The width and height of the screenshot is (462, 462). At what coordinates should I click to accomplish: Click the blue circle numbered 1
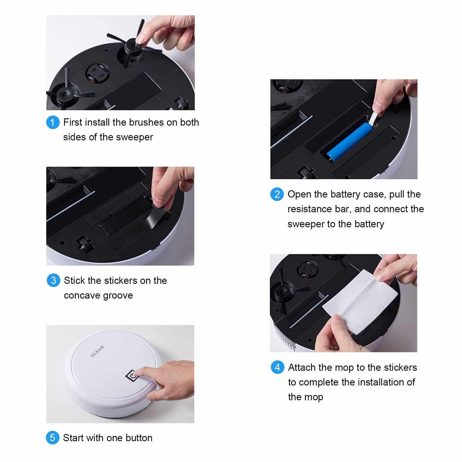tap(53, 122)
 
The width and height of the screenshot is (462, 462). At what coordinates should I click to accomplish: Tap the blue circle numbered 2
tap(277, 194)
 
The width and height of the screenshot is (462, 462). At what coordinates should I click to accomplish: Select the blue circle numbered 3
tap(53, 280)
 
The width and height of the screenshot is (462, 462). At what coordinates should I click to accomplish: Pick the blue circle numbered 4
tap(277, 367)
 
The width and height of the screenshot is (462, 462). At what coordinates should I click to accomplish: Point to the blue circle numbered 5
tap(53, 438)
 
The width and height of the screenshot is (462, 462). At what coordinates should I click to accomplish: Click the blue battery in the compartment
tap(350, 141)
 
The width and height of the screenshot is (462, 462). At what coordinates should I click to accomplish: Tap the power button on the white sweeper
tap(132, 376)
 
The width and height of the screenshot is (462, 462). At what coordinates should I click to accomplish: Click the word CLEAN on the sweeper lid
tap(97, 351)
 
